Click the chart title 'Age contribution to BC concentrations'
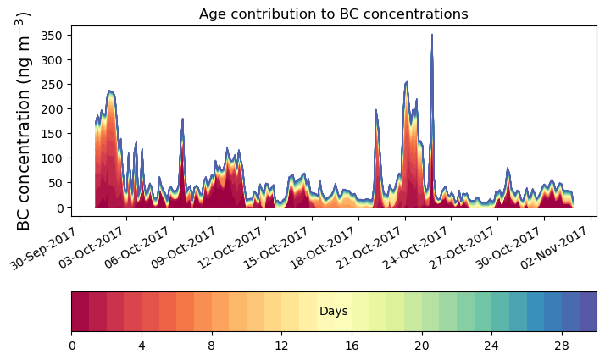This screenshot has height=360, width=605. [333, 14]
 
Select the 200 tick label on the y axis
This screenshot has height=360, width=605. [53, 109]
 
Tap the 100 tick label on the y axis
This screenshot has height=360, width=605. [53, 158]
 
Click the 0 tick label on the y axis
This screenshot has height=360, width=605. [60, 208]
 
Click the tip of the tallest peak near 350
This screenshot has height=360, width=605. [432, 36]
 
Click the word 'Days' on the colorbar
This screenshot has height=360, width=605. [333, 312]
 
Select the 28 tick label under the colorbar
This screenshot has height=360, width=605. [561, 346]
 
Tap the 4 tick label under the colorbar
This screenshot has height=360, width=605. [142, 346]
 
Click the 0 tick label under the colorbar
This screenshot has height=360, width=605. [72, 346]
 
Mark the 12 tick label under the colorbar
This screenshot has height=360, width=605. [281, 346]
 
